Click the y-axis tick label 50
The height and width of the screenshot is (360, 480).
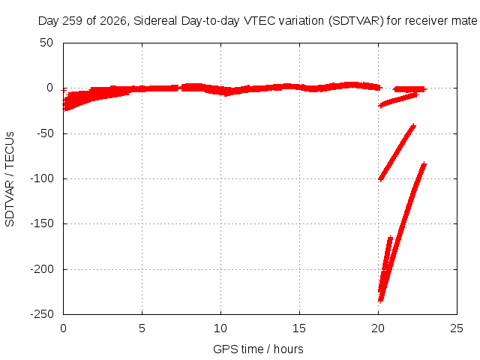tap(46, 43)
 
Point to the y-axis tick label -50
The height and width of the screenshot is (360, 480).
tap(45, 133)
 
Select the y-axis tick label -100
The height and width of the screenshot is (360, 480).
tap(42, 178)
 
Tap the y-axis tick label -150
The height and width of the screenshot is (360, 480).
tap(42, 223)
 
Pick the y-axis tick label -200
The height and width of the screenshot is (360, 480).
tap(42, 269)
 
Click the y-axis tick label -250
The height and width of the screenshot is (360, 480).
tap(42, 314)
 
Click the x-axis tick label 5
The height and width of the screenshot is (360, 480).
tap(142, 328)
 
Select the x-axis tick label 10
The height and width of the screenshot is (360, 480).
tap(220, 328)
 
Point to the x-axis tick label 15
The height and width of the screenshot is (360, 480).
tap(299, 328)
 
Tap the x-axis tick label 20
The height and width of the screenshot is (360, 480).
tap(378, 328)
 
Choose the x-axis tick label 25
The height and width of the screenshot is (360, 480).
tap(457, 328)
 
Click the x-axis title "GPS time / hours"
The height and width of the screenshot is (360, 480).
tap(258, 349)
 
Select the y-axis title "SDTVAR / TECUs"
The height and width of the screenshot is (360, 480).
tap(10, 179)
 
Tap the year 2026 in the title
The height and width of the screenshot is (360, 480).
tap(113, 21)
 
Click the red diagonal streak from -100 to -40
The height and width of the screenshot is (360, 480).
tap(397, 152)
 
